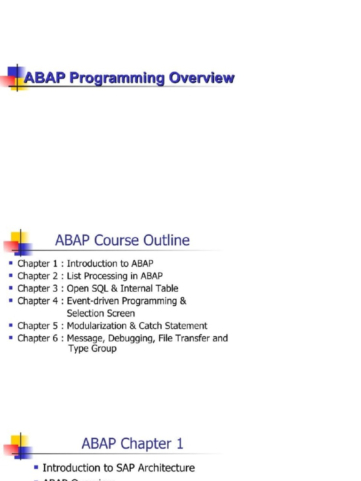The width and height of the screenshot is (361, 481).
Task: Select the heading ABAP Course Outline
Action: pyautogui.click(x=122, y=240)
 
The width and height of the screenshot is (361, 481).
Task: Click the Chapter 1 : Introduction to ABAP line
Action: pyautogui.click(x=85, y=264)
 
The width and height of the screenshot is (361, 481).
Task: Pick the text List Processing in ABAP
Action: pyautogui.click(x=115, y=276)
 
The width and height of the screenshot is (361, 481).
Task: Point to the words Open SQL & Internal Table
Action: pyautogui.click(x=122, y=288)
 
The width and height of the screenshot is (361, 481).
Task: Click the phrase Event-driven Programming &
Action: pyautogui.click(x=126, y=301)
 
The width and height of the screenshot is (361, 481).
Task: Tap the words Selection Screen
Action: pyautogui.click(x=101, y=313)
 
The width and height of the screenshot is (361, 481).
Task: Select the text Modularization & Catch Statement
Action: pyautogui.click(x=137, y=326)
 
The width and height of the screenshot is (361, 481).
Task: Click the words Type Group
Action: pyautogui.click(x=92, y=349)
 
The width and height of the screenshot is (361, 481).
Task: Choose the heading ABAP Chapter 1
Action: pyautogui.click(x=132, y=443)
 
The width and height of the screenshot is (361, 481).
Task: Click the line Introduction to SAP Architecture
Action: pyautogui.click(x=118, y=468)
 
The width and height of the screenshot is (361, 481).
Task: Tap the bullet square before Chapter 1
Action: pyautogui.click(x=11, y=264)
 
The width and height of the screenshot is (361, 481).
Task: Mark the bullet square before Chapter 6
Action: pyautogui.click(x=11, y=338)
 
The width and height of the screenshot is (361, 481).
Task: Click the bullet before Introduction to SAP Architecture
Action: pyautogui.click(x=36, y=468)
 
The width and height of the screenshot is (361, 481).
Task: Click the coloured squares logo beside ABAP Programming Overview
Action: pyautogui.click(x=15, y=78)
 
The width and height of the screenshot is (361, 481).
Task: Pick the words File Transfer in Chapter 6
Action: pyautogui.click(x=184, y=338)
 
